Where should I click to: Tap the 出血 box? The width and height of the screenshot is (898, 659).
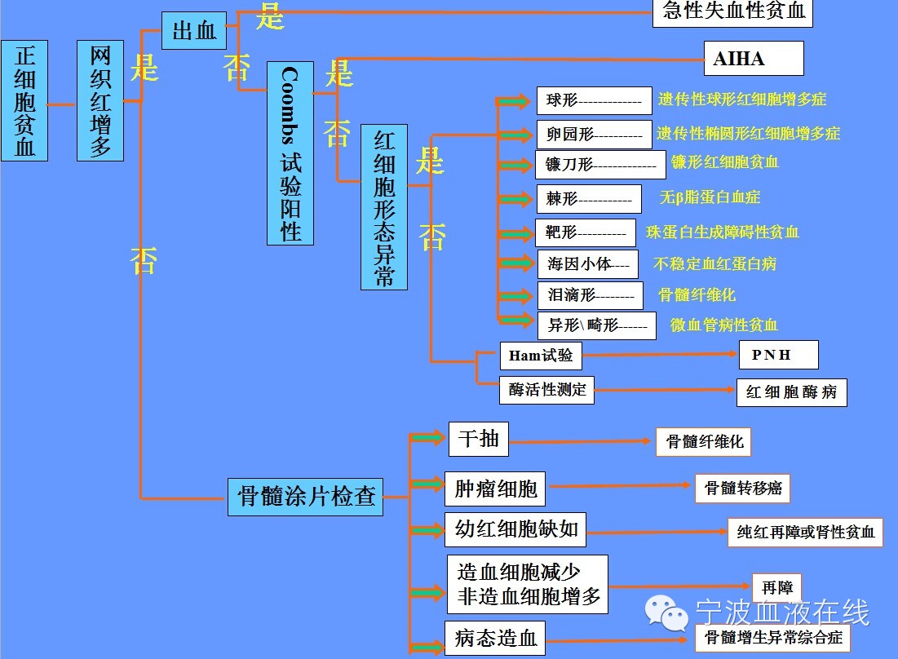(x=193, y=31)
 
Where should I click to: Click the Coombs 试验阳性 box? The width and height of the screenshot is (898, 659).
(x=290, y=153)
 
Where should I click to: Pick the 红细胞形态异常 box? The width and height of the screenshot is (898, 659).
(x=384, y=207)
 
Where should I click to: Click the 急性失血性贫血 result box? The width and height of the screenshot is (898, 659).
(x=732, y=12)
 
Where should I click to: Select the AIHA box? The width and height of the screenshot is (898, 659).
(x=754, y=59)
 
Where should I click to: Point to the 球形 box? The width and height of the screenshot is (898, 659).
(x=594, y=101)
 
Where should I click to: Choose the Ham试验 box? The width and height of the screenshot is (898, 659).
(x=541, y=356)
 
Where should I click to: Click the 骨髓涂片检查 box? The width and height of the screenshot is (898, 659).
(x=306, y=495)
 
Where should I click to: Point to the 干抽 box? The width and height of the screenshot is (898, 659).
(x=478, y=440)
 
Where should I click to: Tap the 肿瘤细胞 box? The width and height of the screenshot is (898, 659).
(x=495, y=489)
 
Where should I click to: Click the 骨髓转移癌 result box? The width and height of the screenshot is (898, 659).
(x=743, y=488)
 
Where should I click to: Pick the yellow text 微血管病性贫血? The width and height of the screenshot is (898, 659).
(x=724, y=325)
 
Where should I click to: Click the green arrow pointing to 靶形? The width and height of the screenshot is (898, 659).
(x=515, y=233)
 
